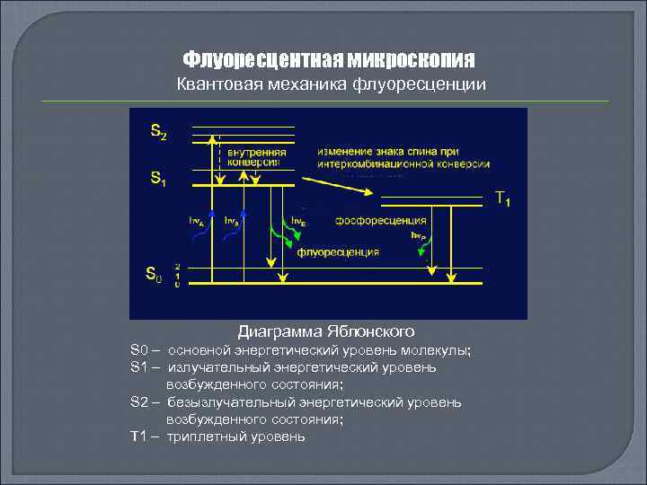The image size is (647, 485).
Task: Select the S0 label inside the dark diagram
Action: tap(155, 274)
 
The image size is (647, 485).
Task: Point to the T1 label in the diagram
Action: tap(503, 199)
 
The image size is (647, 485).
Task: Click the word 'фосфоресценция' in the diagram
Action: tap(380, 220)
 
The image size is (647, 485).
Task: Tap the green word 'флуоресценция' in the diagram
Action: tap(338, 252)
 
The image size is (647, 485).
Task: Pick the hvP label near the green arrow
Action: tap(418, 235)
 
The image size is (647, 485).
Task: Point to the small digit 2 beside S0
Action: tap(178, 267)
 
